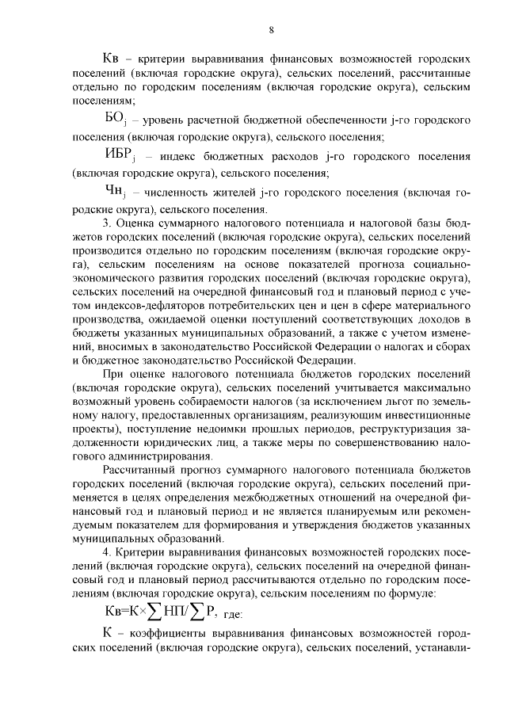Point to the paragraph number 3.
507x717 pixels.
pyautogui.click(x=107, y=225)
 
